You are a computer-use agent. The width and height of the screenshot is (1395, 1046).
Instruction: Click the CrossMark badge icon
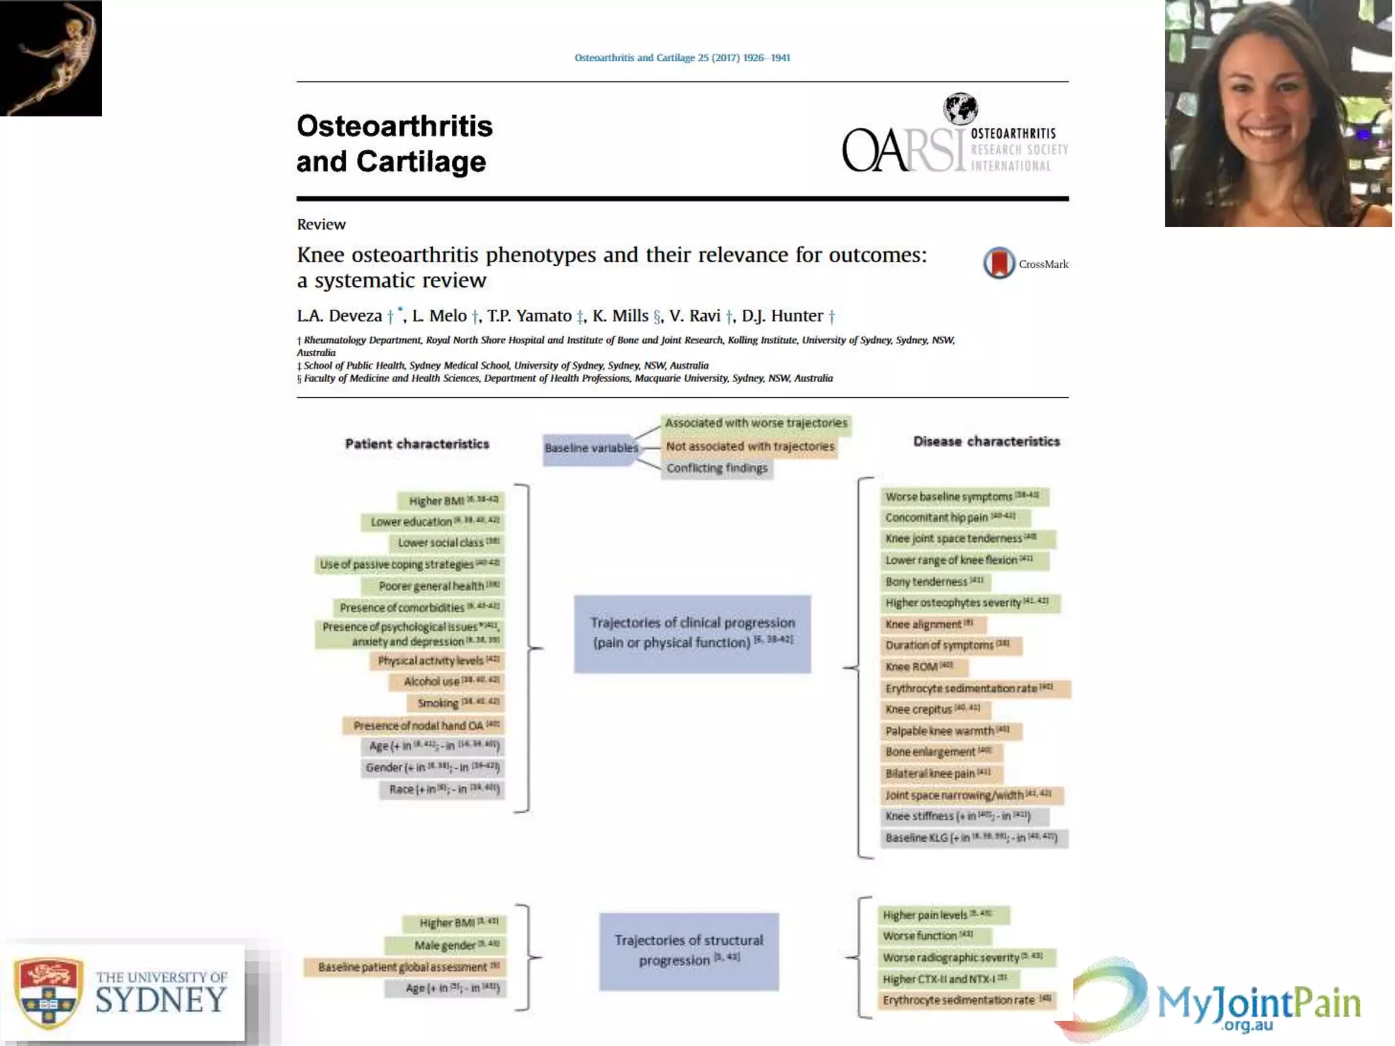pyautogui.click(x=999, y=263)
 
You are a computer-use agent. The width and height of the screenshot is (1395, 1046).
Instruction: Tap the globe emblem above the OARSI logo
pyautogui.click(x=960, y=108)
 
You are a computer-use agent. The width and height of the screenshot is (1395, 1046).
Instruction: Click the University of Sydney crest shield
pyautogui.click(x=49, y=992)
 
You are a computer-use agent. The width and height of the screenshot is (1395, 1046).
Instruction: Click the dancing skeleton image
pyautogui.click(x=51, y=58)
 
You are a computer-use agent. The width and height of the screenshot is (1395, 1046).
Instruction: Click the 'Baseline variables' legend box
pyautogui.click(x=591, y=448)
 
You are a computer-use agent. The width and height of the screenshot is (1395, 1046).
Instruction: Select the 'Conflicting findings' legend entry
pyautogui.click(x=717, y=468)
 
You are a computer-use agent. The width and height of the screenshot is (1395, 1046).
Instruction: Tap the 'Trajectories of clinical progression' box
pyautogui.click(x=692, y=633)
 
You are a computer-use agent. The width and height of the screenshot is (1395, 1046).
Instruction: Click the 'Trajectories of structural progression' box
pyautogui.click(x=689, y=951)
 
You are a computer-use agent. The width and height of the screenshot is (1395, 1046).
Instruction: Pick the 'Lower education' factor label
pyautogui.click(x=433, y=522)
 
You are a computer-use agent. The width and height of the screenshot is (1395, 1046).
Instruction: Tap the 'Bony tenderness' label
pyautogui.click(x=933, y=582)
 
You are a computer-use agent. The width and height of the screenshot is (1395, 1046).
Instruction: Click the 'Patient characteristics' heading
pyautogui.click(x=417, y=444)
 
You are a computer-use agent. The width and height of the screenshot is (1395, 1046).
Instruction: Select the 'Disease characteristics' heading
pyautogui.click(x=986, y=441)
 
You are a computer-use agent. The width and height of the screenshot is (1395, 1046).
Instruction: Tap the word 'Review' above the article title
pyautogui.click(x=322, y=225)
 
